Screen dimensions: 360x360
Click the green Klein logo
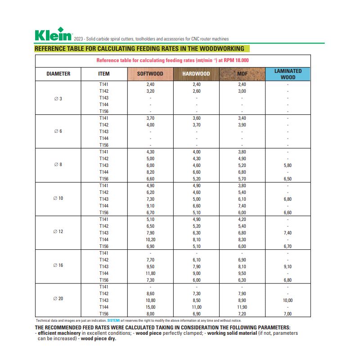(53, 35)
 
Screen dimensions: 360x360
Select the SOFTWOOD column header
(150, 74)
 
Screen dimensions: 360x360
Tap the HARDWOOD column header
(196, 74)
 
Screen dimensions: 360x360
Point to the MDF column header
(242, 74)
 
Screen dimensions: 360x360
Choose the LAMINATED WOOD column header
(288, 74)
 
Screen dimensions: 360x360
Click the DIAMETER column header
(58, 74)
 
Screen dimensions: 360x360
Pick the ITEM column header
(104, 74)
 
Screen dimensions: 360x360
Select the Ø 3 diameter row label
(58, 98)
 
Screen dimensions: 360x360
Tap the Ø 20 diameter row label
(58, 299)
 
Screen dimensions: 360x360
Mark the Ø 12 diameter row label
(58, 232)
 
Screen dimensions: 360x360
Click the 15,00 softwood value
(150, 307)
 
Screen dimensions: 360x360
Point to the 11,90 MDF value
(242, 307)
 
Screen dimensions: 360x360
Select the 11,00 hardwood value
(196, 307)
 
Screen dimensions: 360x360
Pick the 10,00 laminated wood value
(288, 300)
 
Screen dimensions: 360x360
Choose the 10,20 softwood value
(150, 240)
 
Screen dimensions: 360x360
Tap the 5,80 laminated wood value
(288, 166)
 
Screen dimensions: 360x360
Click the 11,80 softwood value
(150, 273)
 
